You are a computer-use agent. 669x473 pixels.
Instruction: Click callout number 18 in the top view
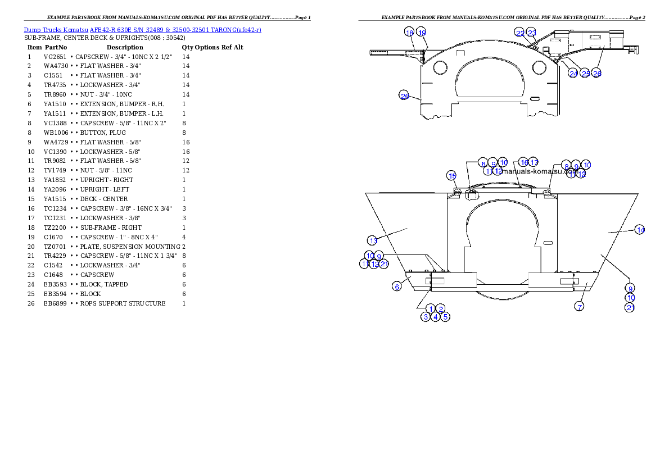pyautogui.click(x=409, y=33)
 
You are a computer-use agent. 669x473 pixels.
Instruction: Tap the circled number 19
pyautogui.click(x=421, y=33)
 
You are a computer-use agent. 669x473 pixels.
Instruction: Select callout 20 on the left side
pyautogui.click(x=404, y=95)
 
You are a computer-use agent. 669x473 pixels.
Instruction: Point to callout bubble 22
pyautogui.click(x=520, y=33)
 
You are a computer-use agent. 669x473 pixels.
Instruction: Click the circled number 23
pyautogui.click(x=531, y=33)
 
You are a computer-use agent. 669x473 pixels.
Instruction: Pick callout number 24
pyautogui.click(x=573, y=74)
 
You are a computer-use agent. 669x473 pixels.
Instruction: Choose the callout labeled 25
pyautogui.click(x=585, y=74)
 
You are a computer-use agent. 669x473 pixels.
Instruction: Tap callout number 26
pyautogui.click(x=597, y=74)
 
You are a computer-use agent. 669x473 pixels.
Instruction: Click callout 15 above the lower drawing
pyautogui.click(x=452, y=176)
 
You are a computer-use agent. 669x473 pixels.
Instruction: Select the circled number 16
pyautogui.click(x=523, y=162)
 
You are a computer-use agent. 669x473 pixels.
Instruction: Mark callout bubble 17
pyautogui.click(x=534, y=162)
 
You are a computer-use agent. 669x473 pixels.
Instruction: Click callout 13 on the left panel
pyautogui.click(x=373, y=240)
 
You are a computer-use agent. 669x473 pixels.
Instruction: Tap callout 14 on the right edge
pyautogui.click(x=640, y=229)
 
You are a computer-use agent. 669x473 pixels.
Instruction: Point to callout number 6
pyautogui.click(x=397, y=286)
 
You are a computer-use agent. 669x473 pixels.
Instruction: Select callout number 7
pyautogui.click(x=579, y=306)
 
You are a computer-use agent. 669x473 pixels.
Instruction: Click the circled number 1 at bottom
pyautogui.click(x=431, y=308)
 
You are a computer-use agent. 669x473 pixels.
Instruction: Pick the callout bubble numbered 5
pyautogui.click(x=445, y=317)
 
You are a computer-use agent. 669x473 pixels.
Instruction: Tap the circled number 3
pyautogui.click(x=426, y=317)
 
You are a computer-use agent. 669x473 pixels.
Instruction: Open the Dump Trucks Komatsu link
pyautogui.click(x=142, y=29)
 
